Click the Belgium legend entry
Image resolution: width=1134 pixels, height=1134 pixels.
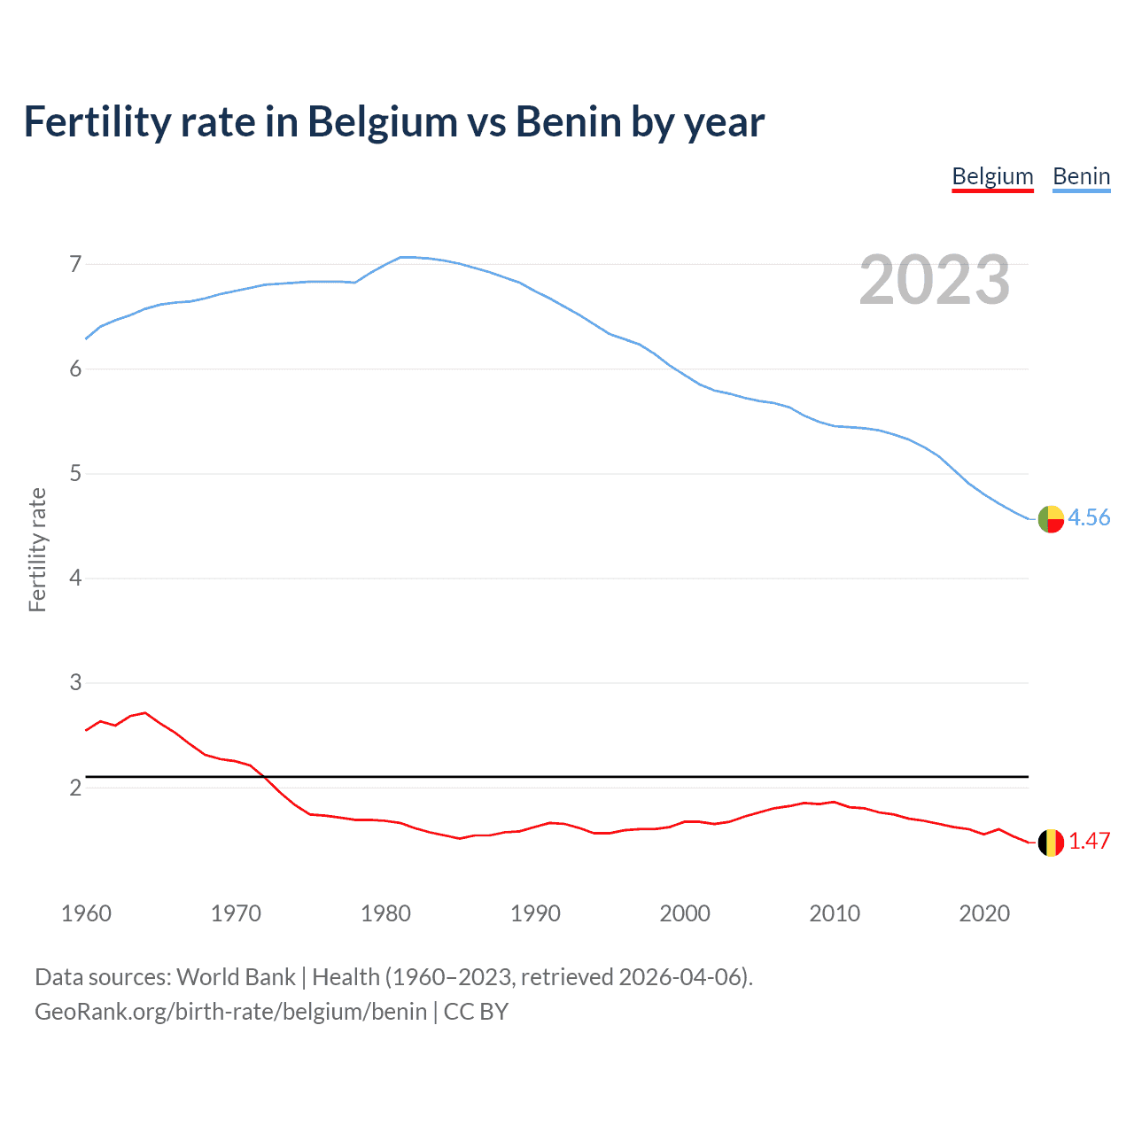tap(992, 176)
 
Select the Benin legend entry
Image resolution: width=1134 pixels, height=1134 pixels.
tap(1081, 176)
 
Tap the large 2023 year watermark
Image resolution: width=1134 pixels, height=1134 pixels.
tap(934, 280)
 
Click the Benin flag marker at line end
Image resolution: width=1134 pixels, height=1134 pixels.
tap(1051, 518)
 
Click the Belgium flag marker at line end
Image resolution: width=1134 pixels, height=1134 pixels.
tap(1051, 843)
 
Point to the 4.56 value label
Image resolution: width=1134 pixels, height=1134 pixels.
tap(1089, 517)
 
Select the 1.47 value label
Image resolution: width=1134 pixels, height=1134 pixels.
tap(1089, 842)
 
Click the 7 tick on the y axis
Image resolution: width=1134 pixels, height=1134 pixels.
tap(75, 264)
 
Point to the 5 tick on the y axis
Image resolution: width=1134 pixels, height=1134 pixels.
tap(75, 474)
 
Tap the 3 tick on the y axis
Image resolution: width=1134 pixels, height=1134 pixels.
tap(75, 683)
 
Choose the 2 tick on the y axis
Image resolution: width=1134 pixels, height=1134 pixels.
tap(75, 788)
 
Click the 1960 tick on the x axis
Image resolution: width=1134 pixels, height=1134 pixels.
tap(86, 913)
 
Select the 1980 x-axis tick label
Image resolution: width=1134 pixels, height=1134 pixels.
tap(385, 913)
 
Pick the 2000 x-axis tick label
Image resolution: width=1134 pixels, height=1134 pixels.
tap(685, 913)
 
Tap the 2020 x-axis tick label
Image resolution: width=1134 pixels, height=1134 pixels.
tap(984, 913)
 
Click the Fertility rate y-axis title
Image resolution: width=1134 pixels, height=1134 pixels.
tap(37, 549)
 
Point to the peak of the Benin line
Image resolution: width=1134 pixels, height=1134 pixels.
tap(403, 257)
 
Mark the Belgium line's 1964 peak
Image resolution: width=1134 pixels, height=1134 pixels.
tap(145, 712)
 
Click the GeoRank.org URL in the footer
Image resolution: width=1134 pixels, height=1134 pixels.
tap(230, 1012)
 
